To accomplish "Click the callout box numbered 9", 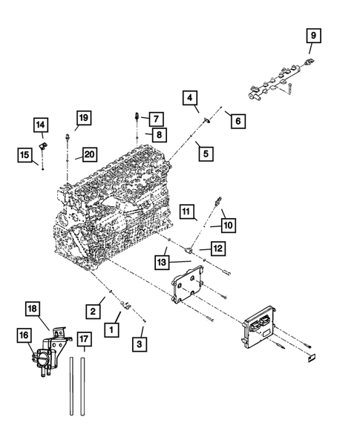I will [312, 36].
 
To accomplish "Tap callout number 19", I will [83, 117].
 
